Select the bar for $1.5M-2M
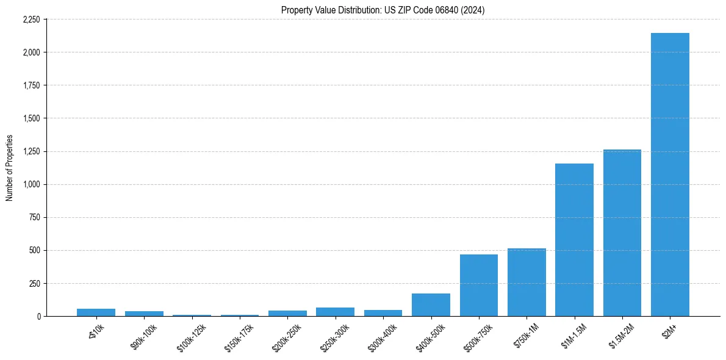click(622, 232)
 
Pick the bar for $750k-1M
click(527, 282)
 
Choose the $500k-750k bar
click(479, 285)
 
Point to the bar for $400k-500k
click(431, 304)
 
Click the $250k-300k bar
click(335, 312)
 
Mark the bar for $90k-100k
click(144, 314)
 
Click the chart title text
click(383, 10)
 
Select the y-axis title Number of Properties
click(10, 168)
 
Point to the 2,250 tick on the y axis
click(31, 20)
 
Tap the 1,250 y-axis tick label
click(31, 151)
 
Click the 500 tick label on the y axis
click(34, 250)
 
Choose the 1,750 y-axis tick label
click(31, 85)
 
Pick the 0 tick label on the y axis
click(38, 316)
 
